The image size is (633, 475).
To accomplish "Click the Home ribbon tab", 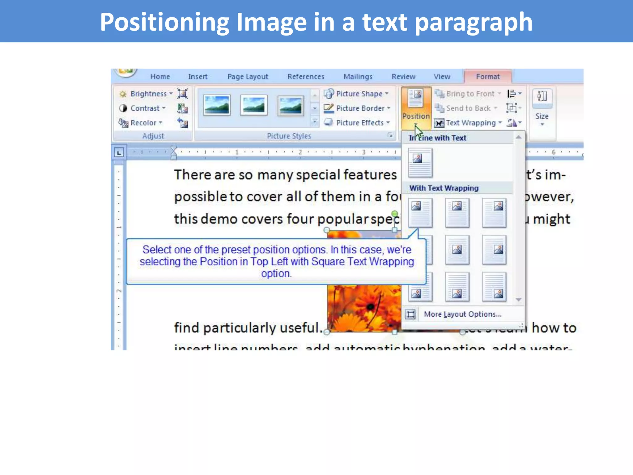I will tap(160, 76).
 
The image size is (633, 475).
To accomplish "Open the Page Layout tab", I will tap(248, 76).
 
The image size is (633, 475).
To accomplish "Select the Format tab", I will tap(487, 76).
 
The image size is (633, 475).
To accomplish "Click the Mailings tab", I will tap(358, 76).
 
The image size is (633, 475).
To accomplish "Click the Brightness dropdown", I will tap(148, 94).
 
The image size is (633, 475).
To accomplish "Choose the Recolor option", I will tap(143, 123).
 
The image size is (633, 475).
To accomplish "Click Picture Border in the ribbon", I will tap(360, 108).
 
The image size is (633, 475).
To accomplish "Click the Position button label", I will tap(416, 116).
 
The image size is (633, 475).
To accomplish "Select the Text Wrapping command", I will tap(470, 123).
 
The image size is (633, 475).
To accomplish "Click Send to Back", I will tap(468, 108).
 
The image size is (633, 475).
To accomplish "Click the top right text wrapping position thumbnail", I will tap(494, 213).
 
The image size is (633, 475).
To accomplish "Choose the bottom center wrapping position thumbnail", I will tap(457, 287).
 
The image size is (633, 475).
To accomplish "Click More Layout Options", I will tap(462, 314).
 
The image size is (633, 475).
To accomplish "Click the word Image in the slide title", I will tap(271, 22).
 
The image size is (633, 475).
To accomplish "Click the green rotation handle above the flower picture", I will tap(395, 214).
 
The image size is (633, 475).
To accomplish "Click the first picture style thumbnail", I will tap(217, 105).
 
